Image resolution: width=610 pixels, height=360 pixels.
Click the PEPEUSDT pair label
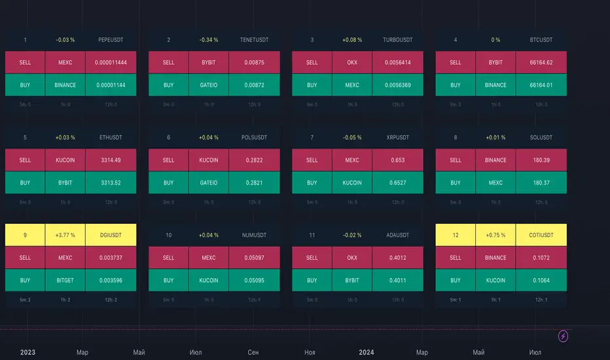tap(111, 40)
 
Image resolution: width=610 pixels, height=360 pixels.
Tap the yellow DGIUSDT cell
tap(111, 235)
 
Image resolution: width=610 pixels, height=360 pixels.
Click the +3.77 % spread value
tap(65, 235)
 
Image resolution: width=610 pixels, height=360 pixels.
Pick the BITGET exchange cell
tap(65, 280)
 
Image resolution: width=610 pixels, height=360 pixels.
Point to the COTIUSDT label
tap(541, 235)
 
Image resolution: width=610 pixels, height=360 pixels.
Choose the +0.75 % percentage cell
tap(495, 235)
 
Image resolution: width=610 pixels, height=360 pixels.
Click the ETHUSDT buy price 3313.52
tap(111, 183)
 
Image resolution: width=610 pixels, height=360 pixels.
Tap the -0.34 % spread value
tap(209, 40)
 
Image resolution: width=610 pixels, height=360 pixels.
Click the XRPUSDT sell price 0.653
tap(397, 160)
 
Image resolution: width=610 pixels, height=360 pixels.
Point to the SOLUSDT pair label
tap(541, 137)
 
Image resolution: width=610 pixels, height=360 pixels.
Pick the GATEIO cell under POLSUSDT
tap(209, 183)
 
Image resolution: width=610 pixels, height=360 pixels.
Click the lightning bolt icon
tap(563, 336)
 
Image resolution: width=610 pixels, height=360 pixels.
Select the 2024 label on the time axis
tap(367, 352)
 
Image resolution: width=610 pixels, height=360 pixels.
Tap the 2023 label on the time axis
tap(27, 352)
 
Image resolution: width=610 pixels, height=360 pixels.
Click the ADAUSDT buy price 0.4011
tap(397, 280)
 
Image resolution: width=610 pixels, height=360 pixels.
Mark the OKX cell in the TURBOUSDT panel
tap(352, 63)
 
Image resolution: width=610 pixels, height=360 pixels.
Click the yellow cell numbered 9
tap(25, 235)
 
